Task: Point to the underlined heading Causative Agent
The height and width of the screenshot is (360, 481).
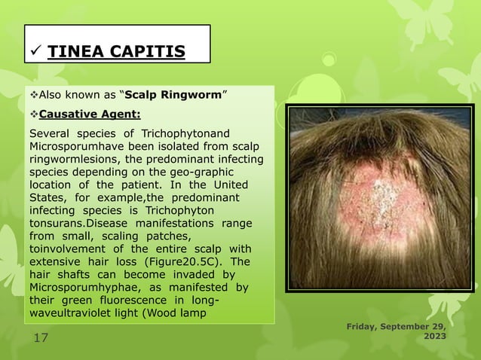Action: coord(89,115)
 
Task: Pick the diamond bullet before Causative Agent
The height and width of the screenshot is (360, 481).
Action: coord(32,115)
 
